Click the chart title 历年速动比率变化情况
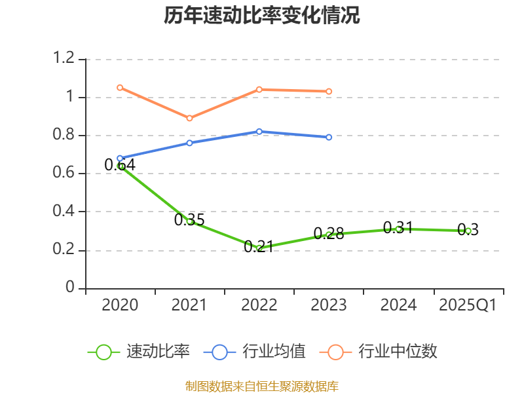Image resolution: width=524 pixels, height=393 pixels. coord(262,16)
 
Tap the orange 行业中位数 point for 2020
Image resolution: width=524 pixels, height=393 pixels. coord(120,87)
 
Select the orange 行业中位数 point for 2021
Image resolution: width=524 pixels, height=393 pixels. coord(189,119)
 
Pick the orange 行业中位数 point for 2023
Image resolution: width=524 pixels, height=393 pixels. coord(329,91)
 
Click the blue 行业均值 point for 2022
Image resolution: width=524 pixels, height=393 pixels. coord(259,132)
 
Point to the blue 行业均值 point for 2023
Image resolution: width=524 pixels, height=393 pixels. coord(329,137)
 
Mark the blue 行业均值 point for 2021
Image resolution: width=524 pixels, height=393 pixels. coord(189,143)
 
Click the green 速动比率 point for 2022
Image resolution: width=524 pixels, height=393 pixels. coord(259,248)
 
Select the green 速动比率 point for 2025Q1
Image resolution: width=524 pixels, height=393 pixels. coord(468,231)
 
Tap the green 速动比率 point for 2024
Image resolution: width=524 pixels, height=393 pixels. coord(398,229)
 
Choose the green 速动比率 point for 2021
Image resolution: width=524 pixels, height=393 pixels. coord(189,221)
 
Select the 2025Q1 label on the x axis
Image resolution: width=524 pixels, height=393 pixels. coord(468,305)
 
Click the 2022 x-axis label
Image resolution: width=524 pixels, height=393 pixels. coord(259,305)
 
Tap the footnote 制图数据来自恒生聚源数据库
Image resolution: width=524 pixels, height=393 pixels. coord(262,386)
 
